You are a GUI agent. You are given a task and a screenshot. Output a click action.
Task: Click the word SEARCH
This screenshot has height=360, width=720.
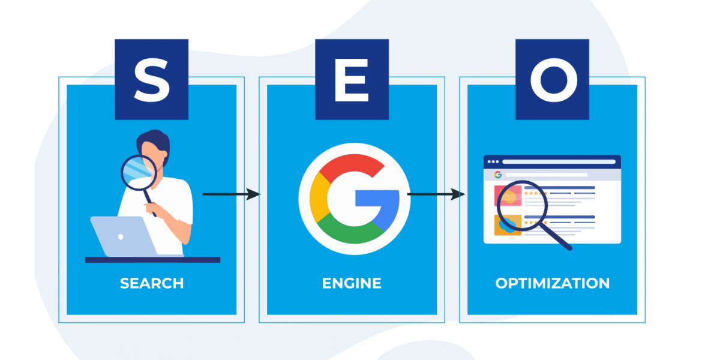tap(152, 283)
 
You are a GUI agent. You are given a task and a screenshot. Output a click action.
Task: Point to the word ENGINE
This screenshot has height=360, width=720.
tap(352, 283)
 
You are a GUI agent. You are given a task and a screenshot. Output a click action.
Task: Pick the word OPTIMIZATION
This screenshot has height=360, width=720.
tap(553, 283)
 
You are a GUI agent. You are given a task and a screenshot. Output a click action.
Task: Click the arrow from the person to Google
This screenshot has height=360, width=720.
tap(231, 194)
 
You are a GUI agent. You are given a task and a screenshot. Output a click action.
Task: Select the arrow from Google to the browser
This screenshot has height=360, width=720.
tap(436, 194)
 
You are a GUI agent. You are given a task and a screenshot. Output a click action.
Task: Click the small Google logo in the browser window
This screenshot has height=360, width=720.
tap(497, 175)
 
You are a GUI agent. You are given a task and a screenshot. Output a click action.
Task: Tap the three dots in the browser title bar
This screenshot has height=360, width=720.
tap(493, 161)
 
